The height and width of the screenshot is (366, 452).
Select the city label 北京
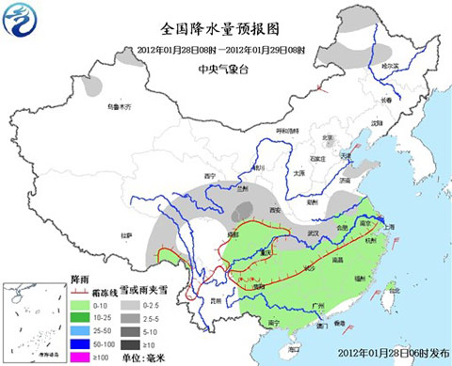coord(327,138)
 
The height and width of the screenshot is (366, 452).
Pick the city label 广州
coord(320,306)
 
